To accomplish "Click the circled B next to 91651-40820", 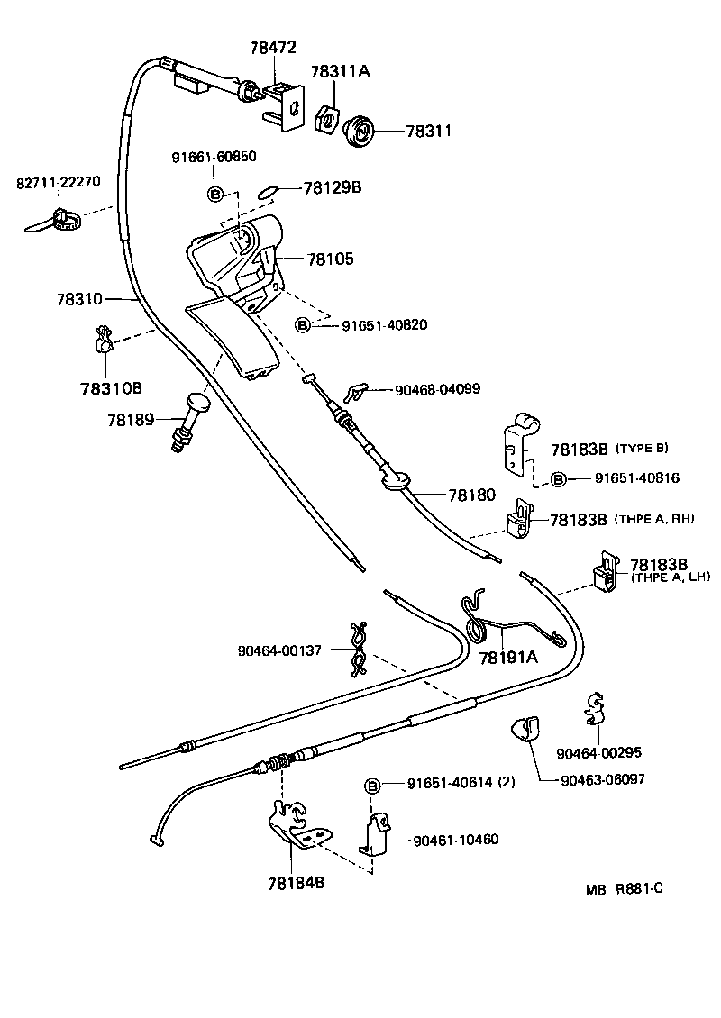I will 304,324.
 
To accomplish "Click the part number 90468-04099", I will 437,390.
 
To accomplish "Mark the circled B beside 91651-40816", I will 558,479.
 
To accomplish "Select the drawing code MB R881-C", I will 624,888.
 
